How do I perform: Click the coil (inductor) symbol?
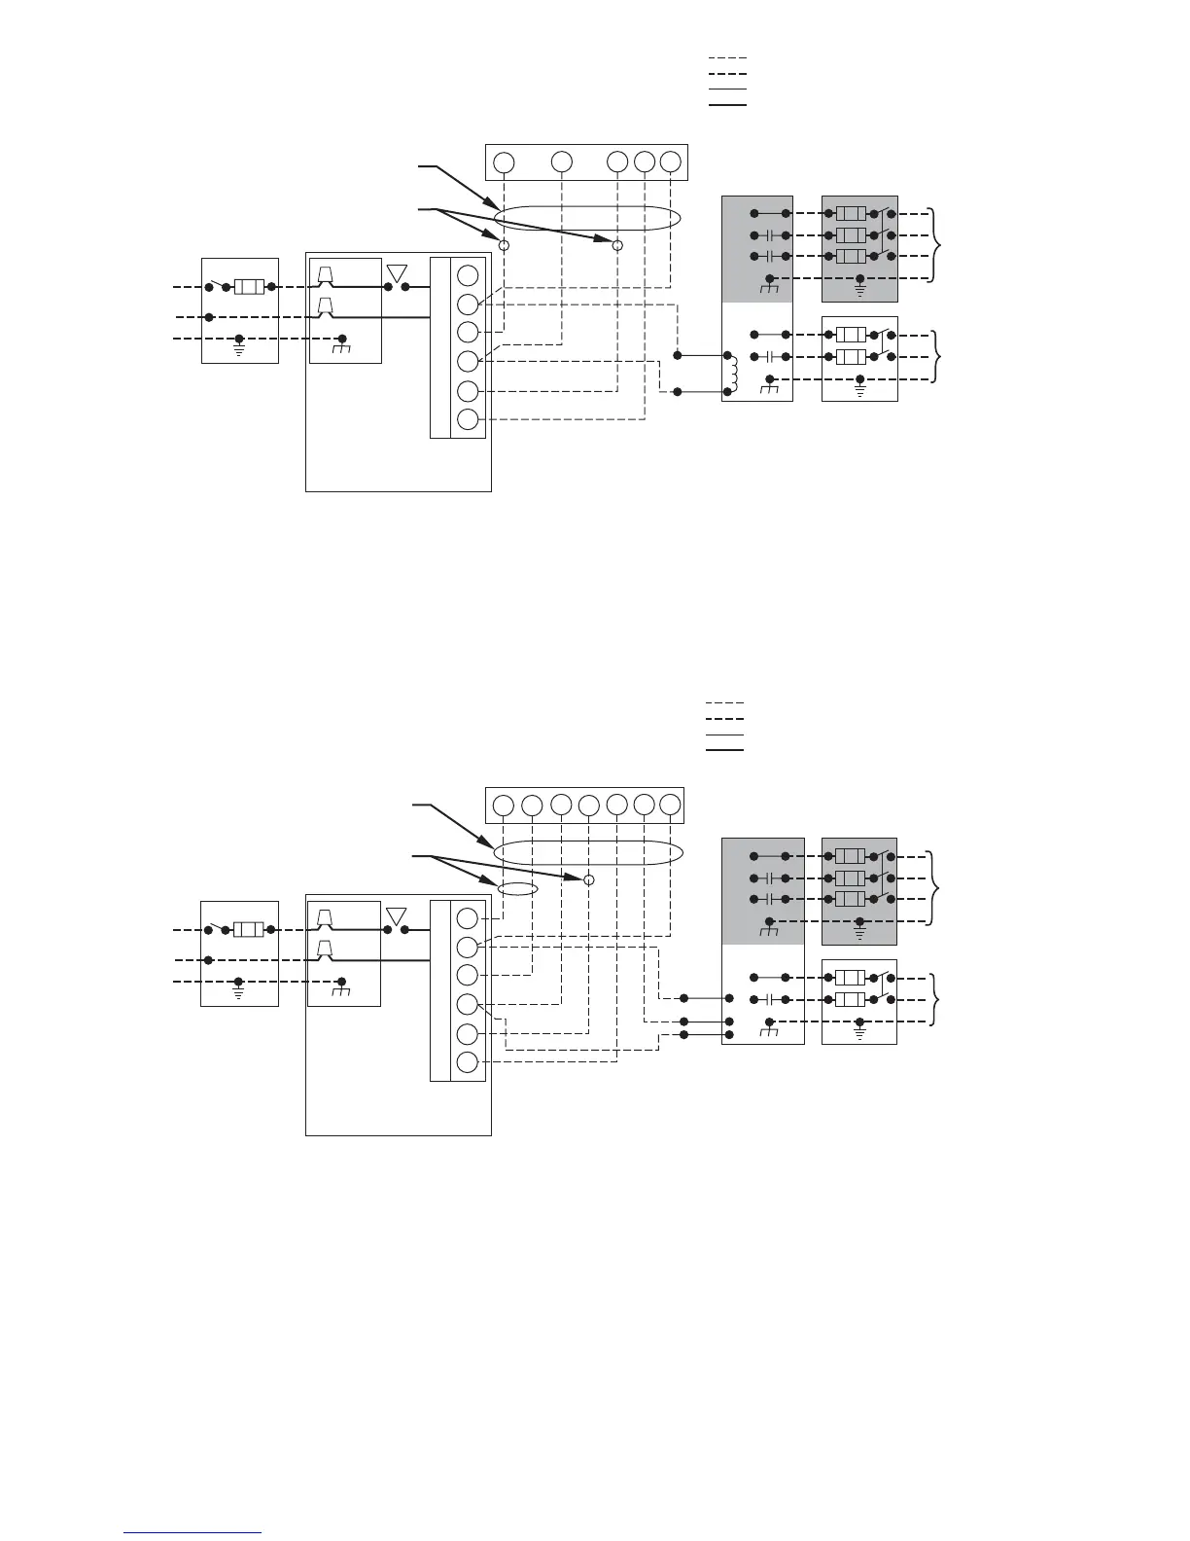pos(735,371)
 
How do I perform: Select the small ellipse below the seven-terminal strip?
pos(516,888)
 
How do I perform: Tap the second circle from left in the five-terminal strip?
pos(561,161)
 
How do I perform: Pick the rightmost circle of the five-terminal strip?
pos(670,161)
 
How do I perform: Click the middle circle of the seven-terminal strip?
pos(588,805)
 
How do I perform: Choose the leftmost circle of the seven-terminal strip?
pos(503,805)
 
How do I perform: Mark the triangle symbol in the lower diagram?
pos(397,915)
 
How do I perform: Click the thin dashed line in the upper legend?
pos(727,59)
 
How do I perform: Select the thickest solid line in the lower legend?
pos(724,750)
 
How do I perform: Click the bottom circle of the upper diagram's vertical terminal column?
pos(468,420)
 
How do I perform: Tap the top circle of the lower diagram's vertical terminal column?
pos(468,917)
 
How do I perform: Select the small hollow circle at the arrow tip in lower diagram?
pos(588,879)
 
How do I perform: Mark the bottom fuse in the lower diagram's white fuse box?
pos(851,999)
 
